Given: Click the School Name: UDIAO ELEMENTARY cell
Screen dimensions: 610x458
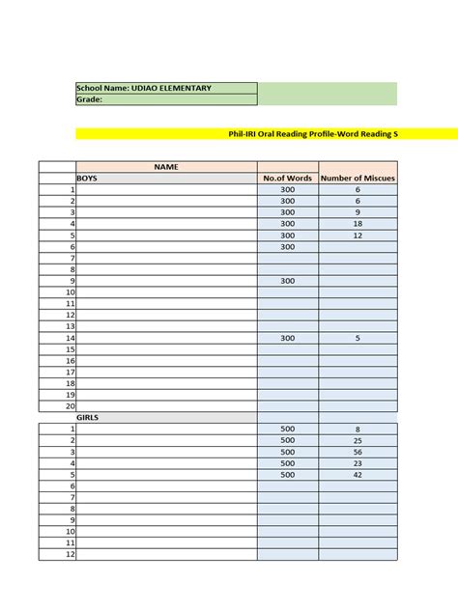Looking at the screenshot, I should tap(166, 89).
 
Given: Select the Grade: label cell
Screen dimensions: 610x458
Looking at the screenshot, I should tap(166, 99).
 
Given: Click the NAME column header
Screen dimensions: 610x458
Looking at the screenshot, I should tap(166, 167).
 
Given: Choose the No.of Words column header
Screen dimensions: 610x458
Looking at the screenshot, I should tap(287, 179).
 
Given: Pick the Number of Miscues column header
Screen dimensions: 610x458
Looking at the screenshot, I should tap(358, 179).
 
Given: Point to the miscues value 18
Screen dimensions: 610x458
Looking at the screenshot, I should tap(358, 224).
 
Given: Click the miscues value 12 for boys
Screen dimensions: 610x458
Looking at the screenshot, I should tap(358, 236).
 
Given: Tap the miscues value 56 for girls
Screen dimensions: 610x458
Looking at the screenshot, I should tap(358, 452).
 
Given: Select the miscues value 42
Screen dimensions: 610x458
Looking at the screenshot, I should tap(358, 475).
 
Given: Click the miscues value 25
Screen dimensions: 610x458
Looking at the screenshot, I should tap(358, 440).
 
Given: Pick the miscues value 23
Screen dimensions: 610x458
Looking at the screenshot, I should tap(358, 463).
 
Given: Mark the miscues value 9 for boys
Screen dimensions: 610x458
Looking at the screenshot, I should tap(358, 212).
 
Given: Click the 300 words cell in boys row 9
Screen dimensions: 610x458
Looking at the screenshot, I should tap(287, 281).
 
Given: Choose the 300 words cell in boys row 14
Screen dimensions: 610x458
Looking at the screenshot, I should tap(287, 338).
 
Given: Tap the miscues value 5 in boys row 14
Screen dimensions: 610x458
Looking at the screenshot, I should tap(358, 338).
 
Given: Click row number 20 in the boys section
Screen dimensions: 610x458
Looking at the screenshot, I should tap(70, 406).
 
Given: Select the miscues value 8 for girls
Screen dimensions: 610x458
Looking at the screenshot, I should tap(358, 429).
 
